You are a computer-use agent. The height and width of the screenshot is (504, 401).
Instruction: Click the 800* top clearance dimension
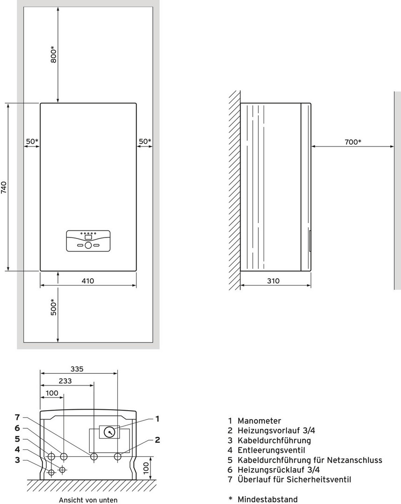[x=53, y=55]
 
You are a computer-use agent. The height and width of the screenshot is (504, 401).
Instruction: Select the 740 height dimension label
[x=4, y=188]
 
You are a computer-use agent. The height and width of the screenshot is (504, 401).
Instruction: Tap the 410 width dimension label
[x=87, y=281]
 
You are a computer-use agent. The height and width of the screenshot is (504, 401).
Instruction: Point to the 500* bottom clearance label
[x=53, y=307]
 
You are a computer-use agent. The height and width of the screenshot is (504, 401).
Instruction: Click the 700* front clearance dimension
[x=353, y=142]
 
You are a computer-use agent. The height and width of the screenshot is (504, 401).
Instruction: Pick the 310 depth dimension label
[x=273, y=281]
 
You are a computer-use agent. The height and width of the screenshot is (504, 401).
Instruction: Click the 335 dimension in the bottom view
[x=77, y=369]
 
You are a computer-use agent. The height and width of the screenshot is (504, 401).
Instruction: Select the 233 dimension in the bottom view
[x=65, y=381]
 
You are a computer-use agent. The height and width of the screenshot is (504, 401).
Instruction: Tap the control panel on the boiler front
[x=88, y=241]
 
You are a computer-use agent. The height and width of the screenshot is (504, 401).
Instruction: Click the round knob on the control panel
[x=88, y=245]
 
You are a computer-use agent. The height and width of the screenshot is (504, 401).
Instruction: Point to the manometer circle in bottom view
[x=109, y=432]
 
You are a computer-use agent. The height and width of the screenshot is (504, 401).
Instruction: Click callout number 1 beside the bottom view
[x=157, y=419]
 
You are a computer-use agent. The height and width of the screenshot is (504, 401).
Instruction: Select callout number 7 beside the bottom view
[x=17, y=417]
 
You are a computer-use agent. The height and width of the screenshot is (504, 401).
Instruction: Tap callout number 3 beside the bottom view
[x=17, y=460]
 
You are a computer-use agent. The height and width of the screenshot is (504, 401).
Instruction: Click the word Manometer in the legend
[x=259, y=421]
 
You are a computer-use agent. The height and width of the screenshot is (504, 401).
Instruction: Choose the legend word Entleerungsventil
[x=271, y=450]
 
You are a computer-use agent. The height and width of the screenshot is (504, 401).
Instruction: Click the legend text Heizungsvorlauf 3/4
[x=276, y=430]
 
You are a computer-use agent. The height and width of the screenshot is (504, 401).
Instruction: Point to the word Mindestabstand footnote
[x=267, y=499]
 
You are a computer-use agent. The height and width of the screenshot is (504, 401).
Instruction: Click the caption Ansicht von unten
[x=88, y=500]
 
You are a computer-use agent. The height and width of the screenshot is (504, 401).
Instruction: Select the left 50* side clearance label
[x=32, y=141]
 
